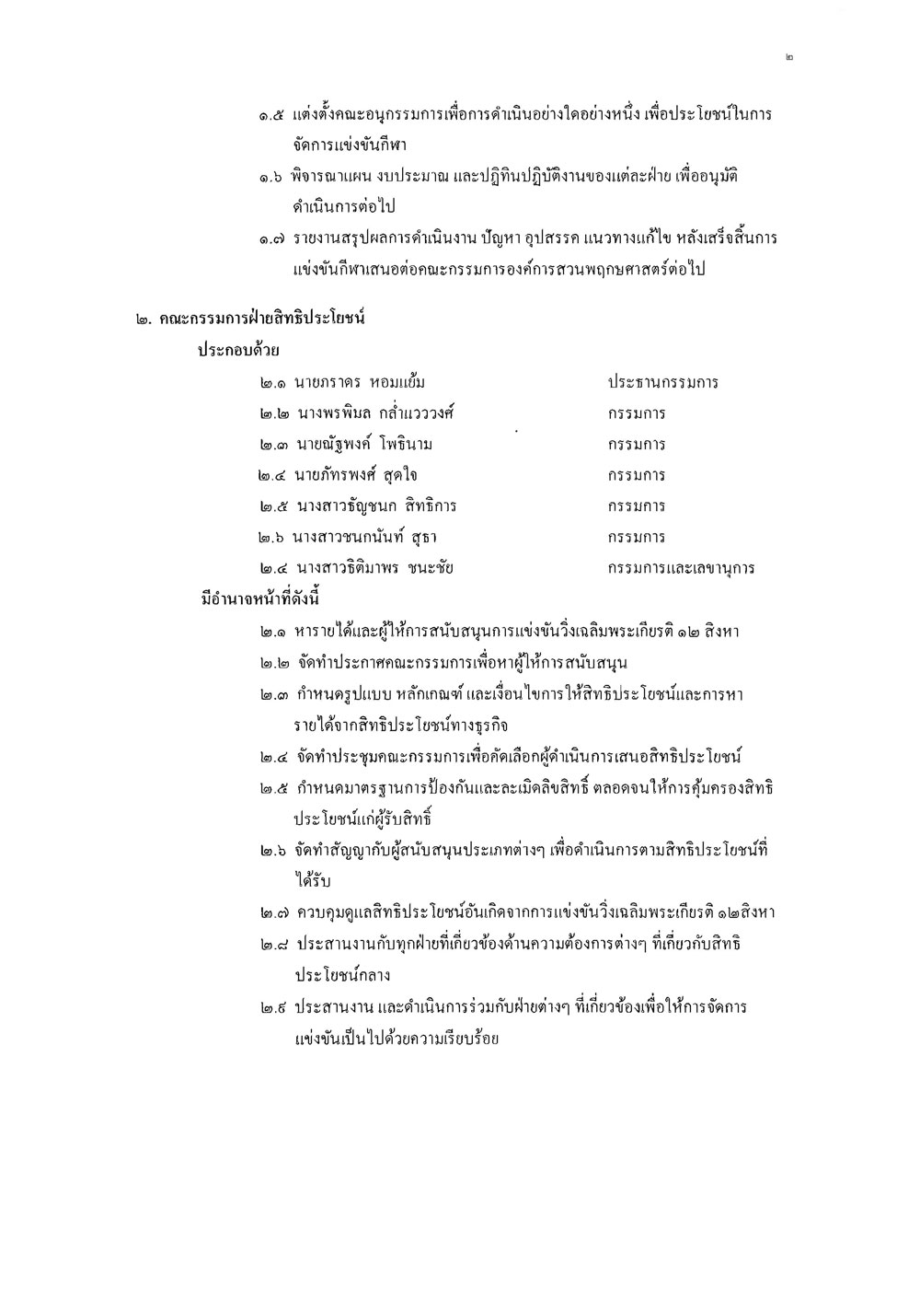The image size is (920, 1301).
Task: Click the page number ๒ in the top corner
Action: coord(789,57)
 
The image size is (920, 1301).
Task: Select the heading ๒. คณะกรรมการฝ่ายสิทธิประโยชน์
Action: coord(250,319)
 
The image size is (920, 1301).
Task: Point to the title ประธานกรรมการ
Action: coord(662,382)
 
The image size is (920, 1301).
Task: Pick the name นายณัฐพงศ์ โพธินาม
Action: coord(363,445)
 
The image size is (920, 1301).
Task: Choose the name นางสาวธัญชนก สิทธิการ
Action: coord(376,506)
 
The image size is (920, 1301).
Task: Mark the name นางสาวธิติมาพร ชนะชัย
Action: coord(374,568)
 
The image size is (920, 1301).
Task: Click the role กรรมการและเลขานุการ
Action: coord(681,568)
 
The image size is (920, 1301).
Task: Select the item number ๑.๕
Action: coord(271,115)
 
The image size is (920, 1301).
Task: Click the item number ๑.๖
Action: coord(271,177)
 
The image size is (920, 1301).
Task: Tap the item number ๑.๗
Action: coord(271,239)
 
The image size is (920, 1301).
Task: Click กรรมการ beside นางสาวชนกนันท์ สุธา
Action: coord(637,537)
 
